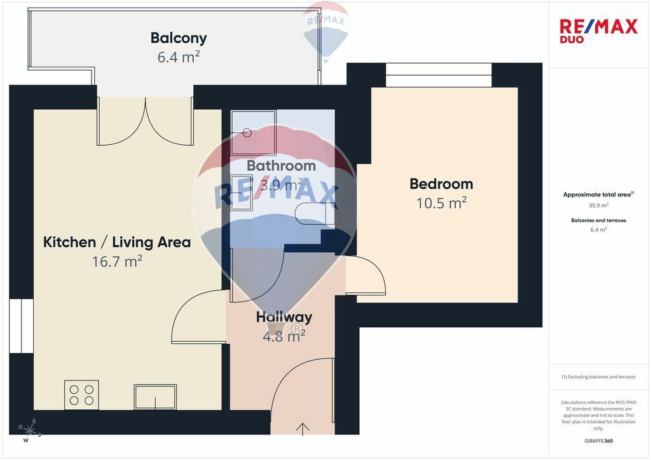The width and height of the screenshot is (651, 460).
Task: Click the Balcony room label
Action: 179,37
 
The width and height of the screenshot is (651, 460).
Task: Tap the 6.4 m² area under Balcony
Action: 179,57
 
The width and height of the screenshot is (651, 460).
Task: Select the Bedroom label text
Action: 441,184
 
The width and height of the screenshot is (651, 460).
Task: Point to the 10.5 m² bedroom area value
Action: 441,203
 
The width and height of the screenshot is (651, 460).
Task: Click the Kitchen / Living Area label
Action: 117,242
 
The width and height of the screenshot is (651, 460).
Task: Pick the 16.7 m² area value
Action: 117,261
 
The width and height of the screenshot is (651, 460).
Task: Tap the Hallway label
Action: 284,317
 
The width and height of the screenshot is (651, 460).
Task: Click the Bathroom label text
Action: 281,165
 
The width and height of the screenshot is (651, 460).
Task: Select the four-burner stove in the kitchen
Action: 81,395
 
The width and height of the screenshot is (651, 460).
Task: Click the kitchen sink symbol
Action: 155,397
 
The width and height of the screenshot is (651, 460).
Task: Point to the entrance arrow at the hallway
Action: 303,430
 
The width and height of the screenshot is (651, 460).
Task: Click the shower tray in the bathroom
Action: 253,133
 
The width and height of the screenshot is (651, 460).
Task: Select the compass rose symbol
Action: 29,431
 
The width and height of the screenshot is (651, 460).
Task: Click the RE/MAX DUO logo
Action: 598,30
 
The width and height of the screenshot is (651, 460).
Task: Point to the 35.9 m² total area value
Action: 598,205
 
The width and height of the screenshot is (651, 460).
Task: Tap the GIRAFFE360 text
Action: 598,441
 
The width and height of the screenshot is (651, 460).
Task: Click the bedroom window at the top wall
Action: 439,75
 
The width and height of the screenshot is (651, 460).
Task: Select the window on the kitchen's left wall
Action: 21,325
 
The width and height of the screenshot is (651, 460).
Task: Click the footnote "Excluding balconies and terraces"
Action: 598,377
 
